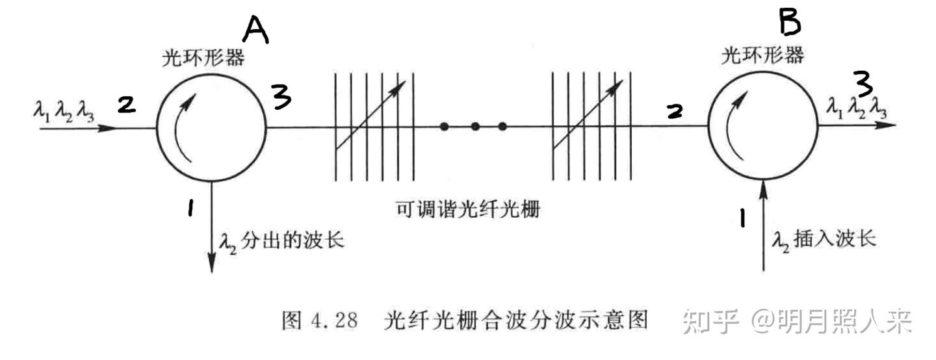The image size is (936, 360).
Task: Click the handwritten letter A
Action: click(x=255, y=30)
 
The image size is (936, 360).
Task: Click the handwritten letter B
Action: click(x=789, y=23)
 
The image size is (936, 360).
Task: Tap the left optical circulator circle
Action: click(x=211, y=126)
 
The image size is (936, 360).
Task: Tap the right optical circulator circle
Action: click(x=763, y=126)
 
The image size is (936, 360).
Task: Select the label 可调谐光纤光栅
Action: click(x=467, y=210)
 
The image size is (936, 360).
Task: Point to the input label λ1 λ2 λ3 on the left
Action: click(x=63, y=111)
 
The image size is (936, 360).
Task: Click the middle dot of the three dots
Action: click(x=475, y=126)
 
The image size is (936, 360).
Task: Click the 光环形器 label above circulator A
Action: click(x=203, y=58)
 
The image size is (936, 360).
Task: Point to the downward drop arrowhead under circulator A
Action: click(x=212, y=264)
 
